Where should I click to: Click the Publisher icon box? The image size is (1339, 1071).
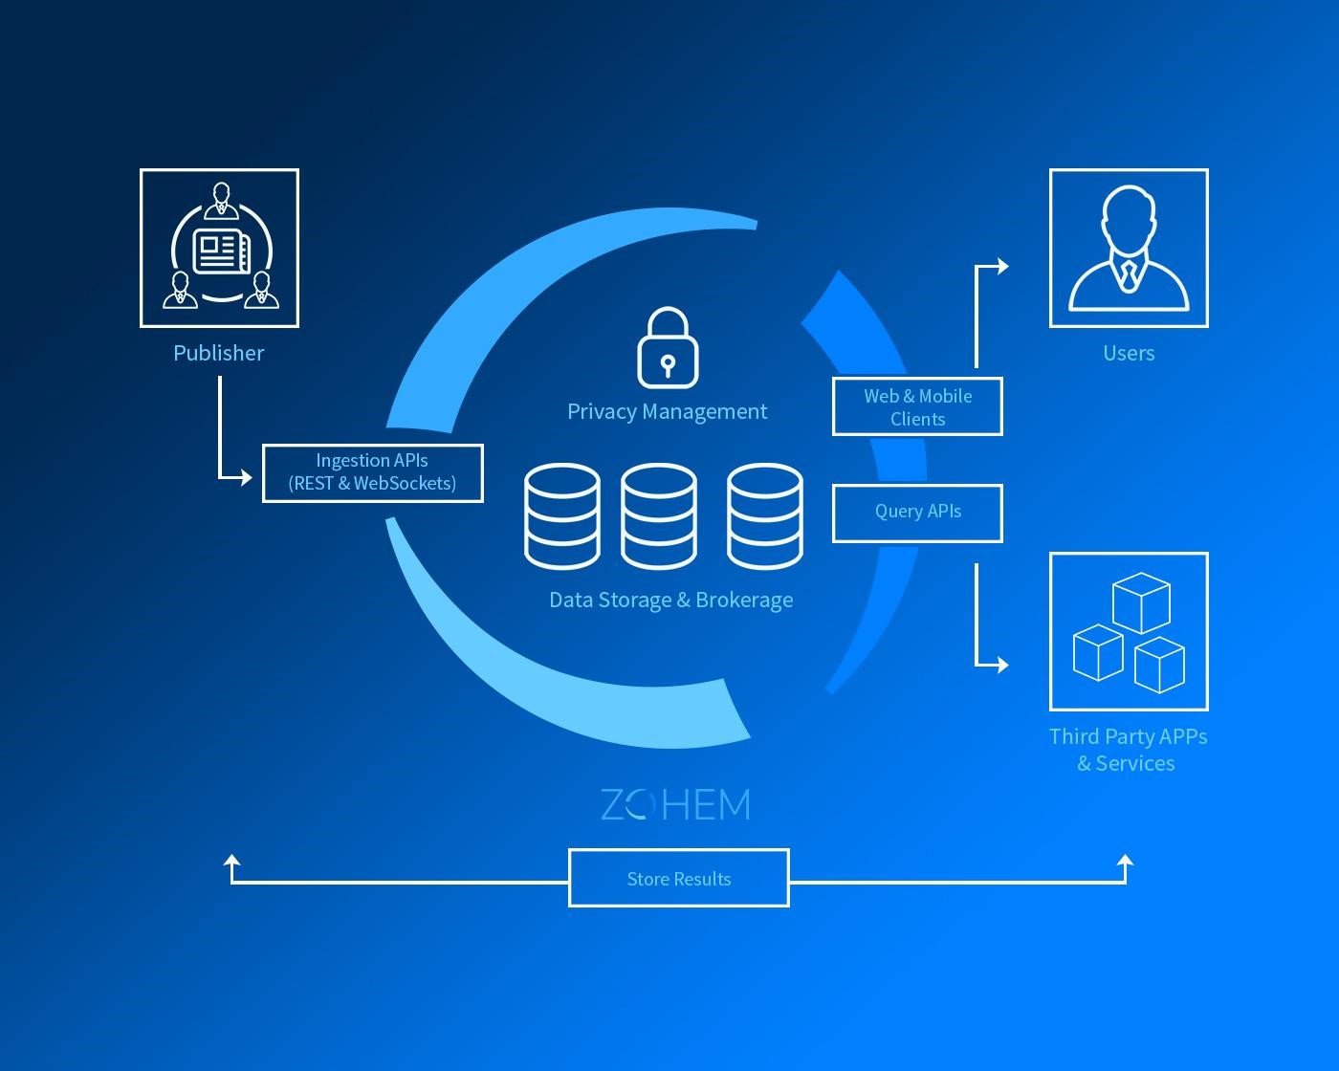click(x=219, y=248)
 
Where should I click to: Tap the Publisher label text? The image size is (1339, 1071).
click(x=218, y=353)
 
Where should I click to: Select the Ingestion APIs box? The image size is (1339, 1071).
click(x=372, y=472)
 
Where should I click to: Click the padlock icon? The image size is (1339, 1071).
click(x=668, y=348)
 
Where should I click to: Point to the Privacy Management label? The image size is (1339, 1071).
click(x=667, y=411)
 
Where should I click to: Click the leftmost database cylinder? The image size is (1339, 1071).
click(x=562, y=515)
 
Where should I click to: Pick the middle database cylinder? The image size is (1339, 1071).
click(x=659, y=515)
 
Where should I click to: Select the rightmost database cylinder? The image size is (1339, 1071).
click(x=764, y=515)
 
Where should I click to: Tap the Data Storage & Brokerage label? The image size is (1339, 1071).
click(x=670, y=600)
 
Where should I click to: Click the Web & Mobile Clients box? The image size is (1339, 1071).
click(x=917, y=406)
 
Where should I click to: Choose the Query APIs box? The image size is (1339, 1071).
click(x=917, y=513)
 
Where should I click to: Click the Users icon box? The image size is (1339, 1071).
click(x=1129, y=248)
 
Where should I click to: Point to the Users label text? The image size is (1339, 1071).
click(x=1129, y=353)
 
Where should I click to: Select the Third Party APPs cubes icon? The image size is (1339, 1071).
click(x=1129, y=631)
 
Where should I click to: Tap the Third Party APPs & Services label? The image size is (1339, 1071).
click(x=1128, y=750)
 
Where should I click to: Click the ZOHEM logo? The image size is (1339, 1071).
click(x=675, y=805)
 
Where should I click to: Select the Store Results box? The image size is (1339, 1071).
click(x=678, y=878)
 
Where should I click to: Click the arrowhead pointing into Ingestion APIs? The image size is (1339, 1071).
click(x=246, y=476)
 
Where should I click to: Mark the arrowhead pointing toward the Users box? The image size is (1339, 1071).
click(x=1001, y=266)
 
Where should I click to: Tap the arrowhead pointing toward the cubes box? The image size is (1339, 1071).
click(x=1001, y=664)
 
